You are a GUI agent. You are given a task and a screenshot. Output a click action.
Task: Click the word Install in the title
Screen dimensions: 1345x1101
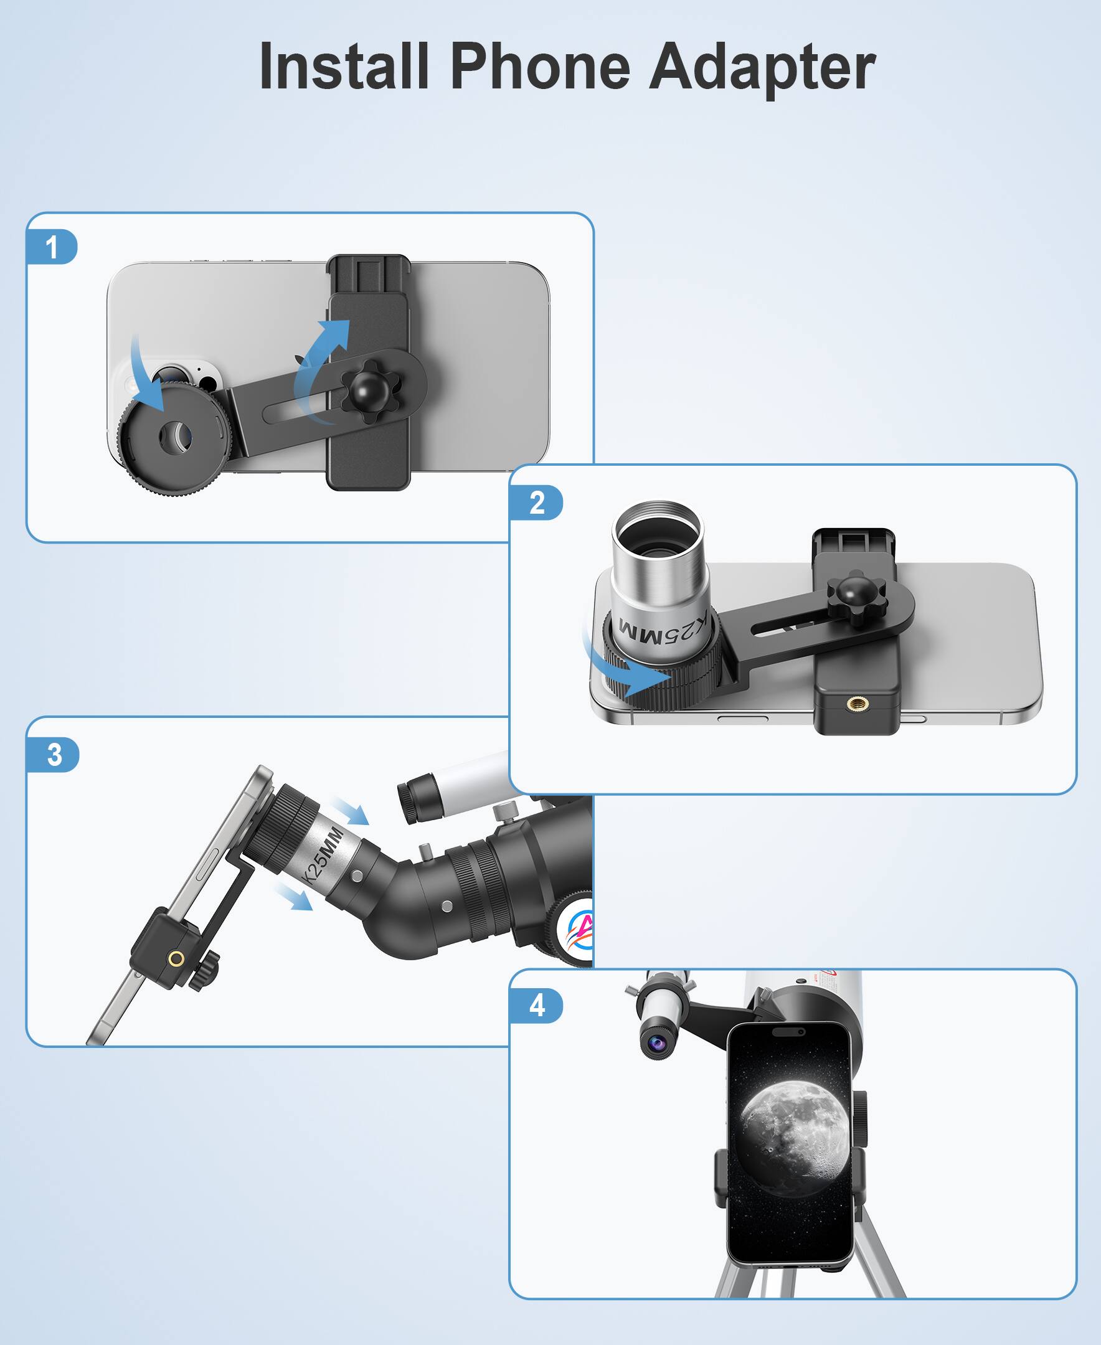(x=344, y=67)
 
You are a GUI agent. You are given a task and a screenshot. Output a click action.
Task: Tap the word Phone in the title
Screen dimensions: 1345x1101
(x=540, y=67)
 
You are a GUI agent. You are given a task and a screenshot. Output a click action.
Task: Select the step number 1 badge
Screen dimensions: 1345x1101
(x=52, y=247)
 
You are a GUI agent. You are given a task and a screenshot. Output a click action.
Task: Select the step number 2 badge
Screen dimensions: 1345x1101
(x=537, y=503)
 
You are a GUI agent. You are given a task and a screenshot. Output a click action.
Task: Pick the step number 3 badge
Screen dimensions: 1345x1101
(x=55, y=755)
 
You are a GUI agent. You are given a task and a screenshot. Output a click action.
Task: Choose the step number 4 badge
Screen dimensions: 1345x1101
(x=537, y=1006)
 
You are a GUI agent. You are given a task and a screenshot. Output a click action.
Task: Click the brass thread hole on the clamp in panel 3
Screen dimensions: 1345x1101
(x=176, y=959)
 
